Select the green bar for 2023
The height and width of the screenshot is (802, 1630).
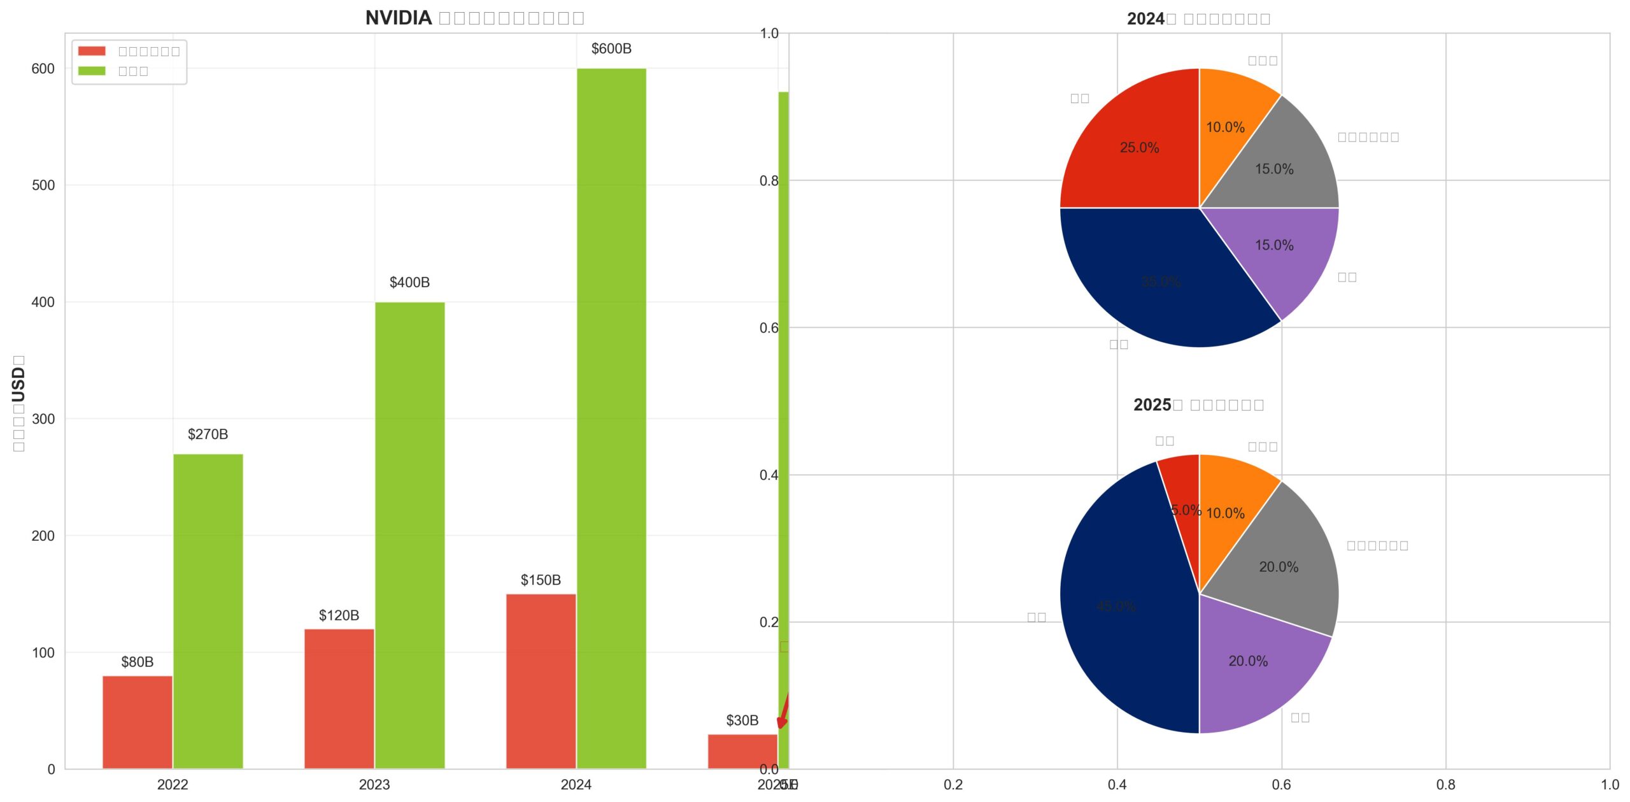coord(409,535)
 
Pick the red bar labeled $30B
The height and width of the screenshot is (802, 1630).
coord(742,751)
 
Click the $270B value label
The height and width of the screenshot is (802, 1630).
coord(208,434)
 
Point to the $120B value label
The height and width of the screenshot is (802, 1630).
coord(339,615)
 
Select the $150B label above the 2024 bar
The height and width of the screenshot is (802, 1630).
coord(541,580)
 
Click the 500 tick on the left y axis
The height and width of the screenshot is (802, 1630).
coord(43,185)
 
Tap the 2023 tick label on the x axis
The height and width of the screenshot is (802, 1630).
coord(374,785)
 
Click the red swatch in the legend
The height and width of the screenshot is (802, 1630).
coord(92,51)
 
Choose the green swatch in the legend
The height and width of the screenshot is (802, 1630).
coord(92,71)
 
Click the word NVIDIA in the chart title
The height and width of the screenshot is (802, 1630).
coord(399,18)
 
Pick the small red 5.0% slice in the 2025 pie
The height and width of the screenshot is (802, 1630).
coord(1182,491)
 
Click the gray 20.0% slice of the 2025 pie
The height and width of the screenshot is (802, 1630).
coord(1280,561)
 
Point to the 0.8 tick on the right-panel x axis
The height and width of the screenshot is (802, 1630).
coord(1445,785)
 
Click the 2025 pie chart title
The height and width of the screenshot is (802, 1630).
coord(1198,405)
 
